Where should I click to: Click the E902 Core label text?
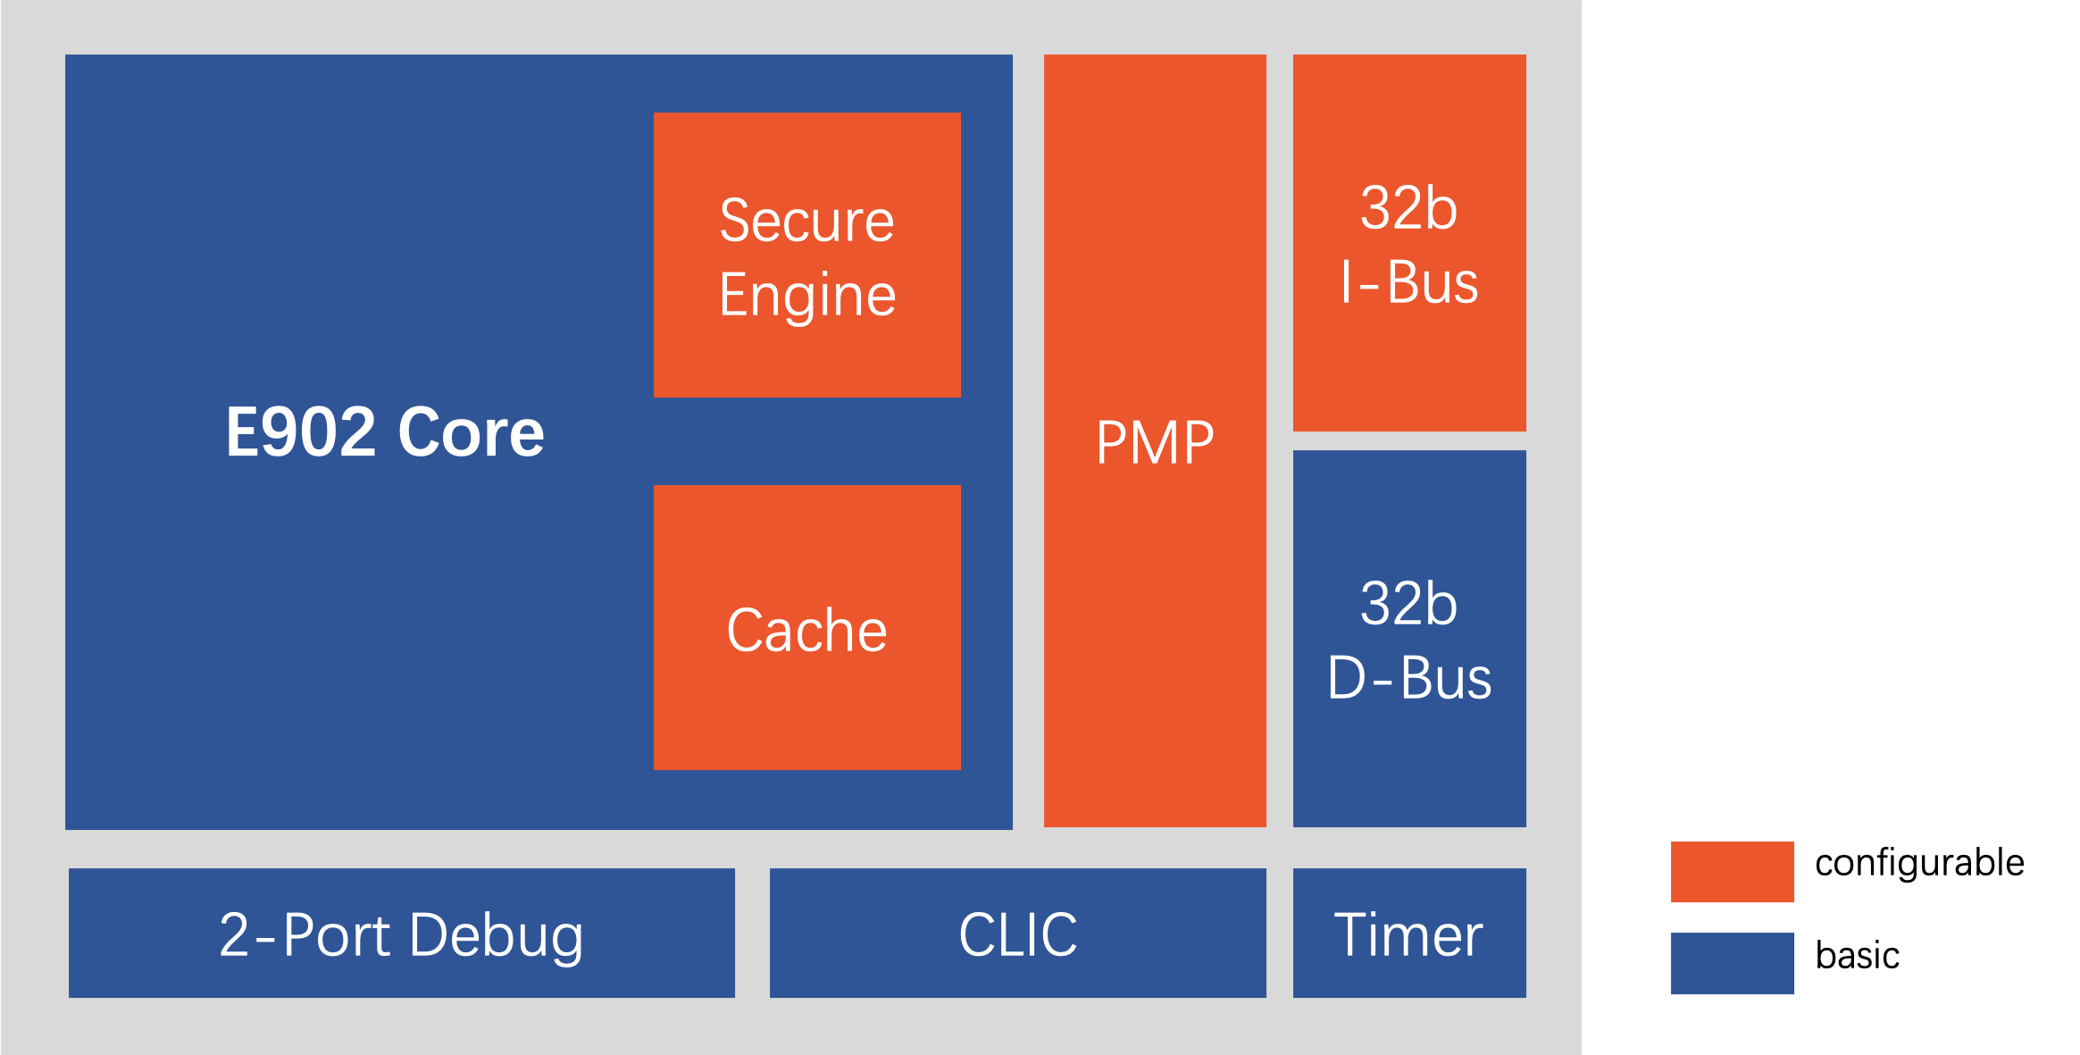pos(384,432)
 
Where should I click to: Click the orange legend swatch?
pos(1732,872)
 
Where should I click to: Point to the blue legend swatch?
pos(1732,963)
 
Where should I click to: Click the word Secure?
pos(806,221)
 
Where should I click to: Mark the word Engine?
pos(806,296)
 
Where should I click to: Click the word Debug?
pos(497,936)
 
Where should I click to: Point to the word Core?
pos(471,432)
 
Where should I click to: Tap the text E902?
pos(300,432)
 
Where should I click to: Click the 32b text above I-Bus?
pos(1408,209)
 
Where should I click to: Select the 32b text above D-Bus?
pos(1408,604)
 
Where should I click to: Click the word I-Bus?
pos(1408,283)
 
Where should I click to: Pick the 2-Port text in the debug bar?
pos(305,935)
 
